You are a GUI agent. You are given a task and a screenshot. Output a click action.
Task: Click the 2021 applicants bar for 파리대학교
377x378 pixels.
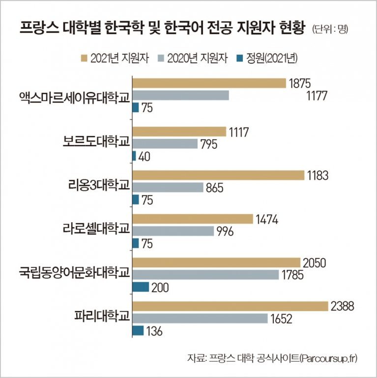pyautogui.click(x=230, y=306)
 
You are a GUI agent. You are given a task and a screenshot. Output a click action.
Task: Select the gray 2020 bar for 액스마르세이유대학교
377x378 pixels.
pyautogui.click(x=180, y=95)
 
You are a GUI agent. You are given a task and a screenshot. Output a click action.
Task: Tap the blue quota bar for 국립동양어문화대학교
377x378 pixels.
pyautogui.click(x=141, y=287)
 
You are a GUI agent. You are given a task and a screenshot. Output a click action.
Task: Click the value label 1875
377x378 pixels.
pyautogui.click(x=300, y=83)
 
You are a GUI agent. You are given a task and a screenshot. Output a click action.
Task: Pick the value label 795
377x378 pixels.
pyautogui.click(x=211, y=144)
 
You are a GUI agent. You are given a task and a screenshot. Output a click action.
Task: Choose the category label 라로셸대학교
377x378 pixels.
pyautogui.click(x=96, y=228)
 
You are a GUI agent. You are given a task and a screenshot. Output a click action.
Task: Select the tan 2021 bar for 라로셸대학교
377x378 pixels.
pyautogui.click(x=192, y=218)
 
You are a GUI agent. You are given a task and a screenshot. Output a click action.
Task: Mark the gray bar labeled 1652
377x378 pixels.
pyautogui.click(x=200, y=319)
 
